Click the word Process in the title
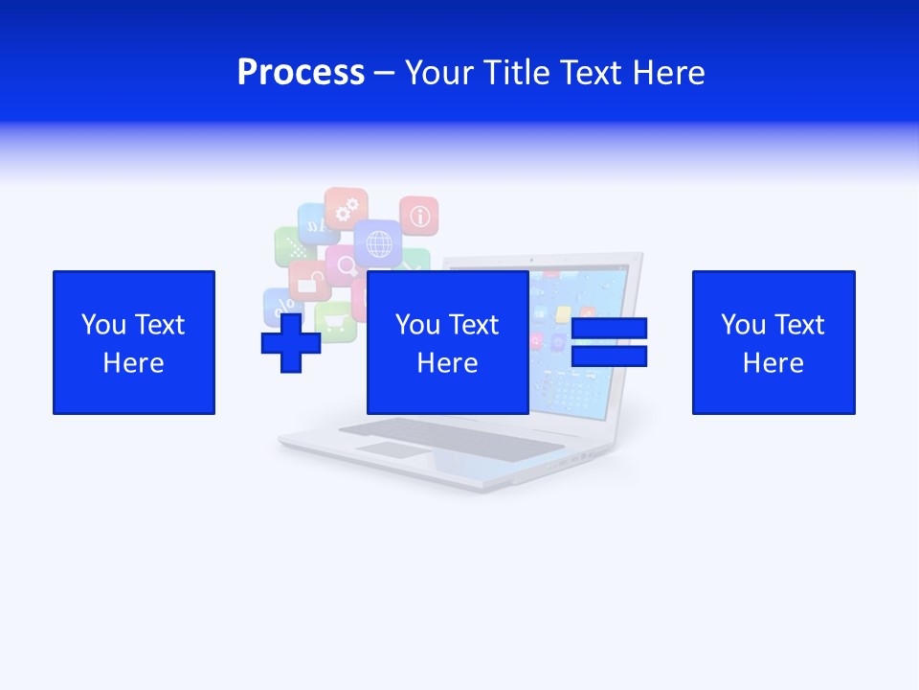(x=301, y=73)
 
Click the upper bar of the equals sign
(x=609, y=329)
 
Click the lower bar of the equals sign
(x=609, y=356)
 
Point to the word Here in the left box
(x=133, y=363)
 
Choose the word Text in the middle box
(x=474, y=325)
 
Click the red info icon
(x=418, y=217)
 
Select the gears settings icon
(x=346, y=206)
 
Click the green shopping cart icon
(x=335, y=322)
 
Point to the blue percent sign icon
(x=281, y=307)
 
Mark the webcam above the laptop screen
(x=532, y=259)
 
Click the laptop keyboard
(x=450, y=436)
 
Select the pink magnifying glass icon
(x=344, y=264)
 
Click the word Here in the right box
(x=773, y=363)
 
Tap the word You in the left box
(x=103, y=325)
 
